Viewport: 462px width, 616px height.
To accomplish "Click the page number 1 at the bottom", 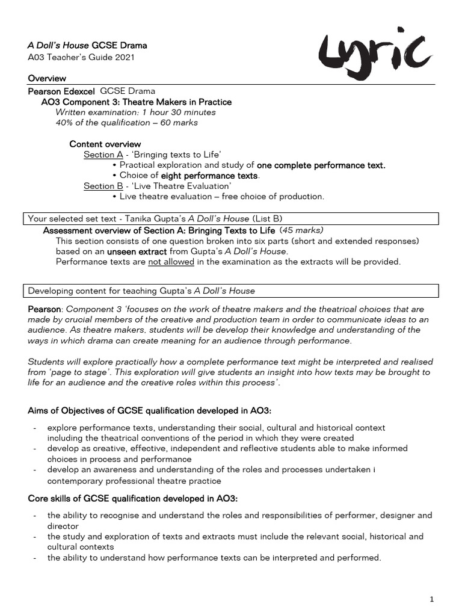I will point(432,599).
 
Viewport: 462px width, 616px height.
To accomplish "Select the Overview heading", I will point(47,79).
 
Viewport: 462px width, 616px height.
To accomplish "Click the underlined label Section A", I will point(99,155).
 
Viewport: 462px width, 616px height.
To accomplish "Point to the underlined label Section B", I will point(99,186).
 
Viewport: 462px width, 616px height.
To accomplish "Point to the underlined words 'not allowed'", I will point(171,262).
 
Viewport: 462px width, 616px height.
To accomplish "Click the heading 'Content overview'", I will point(105,144).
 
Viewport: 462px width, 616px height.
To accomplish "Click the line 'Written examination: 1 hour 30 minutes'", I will point(135,112).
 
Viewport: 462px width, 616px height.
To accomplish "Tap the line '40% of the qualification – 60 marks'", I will point(126,123).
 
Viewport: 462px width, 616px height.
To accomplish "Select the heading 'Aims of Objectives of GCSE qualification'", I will point(150,410).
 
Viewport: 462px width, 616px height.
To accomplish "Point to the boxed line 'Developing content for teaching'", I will point(142,291).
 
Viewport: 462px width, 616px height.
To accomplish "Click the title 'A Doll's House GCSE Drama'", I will point(87,45).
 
